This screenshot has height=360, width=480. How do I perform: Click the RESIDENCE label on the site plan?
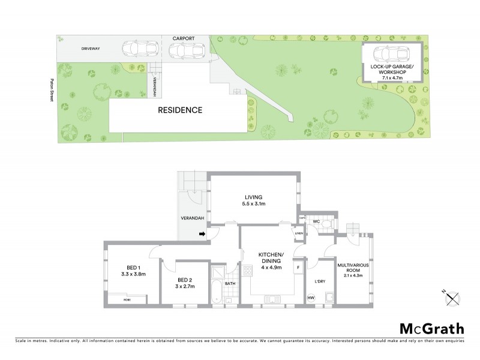[x=179, y=110]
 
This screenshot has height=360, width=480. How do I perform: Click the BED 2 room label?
[x=185, y=280]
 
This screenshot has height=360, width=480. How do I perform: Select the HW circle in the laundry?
[x=311, y=298]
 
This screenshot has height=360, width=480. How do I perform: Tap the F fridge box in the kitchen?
[x=298, y=266]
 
